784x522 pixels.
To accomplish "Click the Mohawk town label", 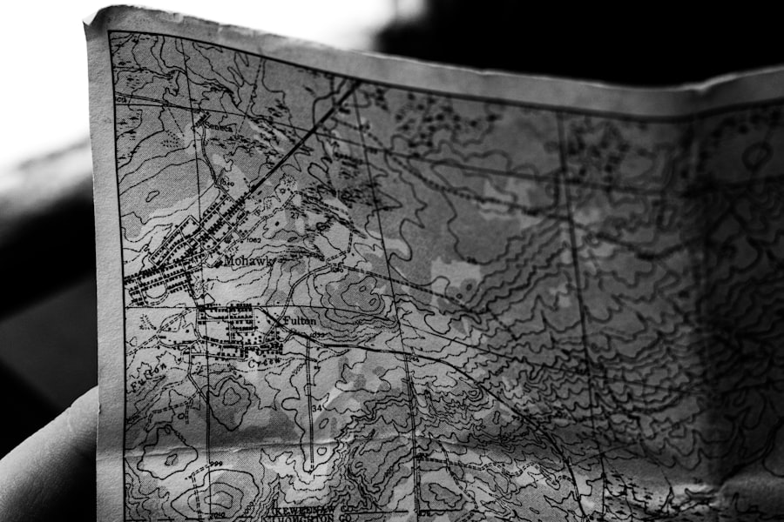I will click(248, 260).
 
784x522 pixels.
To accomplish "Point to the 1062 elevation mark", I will click(253, 239).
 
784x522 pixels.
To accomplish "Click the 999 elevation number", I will click(214, 464).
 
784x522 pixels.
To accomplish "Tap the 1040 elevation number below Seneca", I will click(228, 184).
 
